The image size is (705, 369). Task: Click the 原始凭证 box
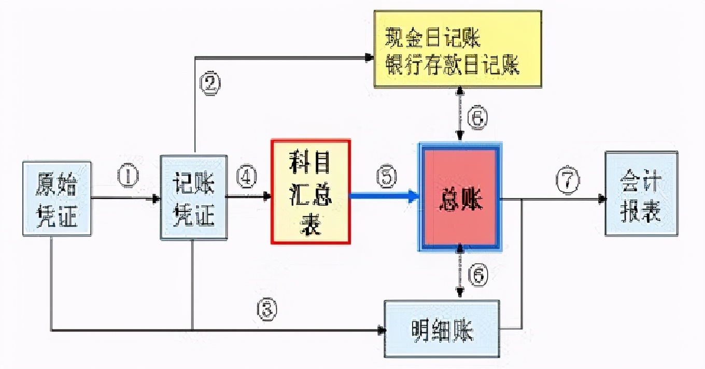(x=57, y=199)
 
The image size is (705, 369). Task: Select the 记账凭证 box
(x=193, y=197)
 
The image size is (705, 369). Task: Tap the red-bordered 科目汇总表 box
(x=311, y=191)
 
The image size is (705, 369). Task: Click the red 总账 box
(x=460, y=197)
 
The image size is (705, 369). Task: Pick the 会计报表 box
(x=641, y=193)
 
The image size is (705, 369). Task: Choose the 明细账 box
(x=442, y=329)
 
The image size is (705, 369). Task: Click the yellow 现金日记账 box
(x=458, y=49)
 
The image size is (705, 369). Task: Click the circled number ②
(x=210, y=83)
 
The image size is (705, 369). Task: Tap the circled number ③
(x=266, y=310)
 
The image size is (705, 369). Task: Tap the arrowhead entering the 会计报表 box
(x=602, y=198)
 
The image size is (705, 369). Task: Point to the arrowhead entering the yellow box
(x=370, y=57)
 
